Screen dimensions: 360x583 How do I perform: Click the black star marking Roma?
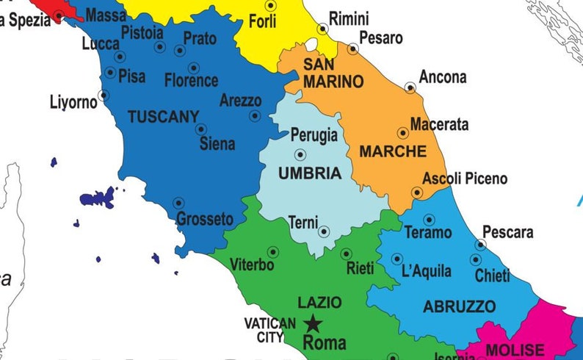[x=314, y=323]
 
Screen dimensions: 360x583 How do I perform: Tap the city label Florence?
[x=191, y=80]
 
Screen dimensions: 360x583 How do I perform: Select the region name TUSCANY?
[x=163, y=116]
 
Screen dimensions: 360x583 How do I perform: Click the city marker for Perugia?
[x=300, y=154]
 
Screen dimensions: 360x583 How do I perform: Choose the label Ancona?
[x=442, y=77]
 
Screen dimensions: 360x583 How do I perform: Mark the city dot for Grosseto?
[x=178, y=203]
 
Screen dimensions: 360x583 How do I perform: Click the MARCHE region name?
[x=393, y=152]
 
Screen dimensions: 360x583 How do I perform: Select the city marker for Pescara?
[x=481, y=245]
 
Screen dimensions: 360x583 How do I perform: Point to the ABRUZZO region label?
[x=460, y=306]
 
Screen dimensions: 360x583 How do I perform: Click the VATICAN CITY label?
[x=270, y=330]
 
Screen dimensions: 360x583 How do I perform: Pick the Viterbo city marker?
[x=273, y=251]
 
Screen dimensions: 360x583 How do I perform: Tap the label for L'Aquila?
[x=427, y=271]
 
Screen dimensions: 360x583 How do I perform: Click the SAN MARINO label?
[x=333, y=73]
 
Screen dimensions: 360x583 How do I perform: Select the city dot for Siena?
[x=200, y=129]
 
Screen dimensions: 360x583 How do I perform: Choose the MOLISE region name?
[x=515, y=350]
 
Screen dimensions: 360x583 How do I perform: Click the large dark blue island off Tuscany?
[x=98, y=197]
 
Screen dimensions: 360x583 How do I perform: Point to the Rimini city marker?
[x=322, y=29]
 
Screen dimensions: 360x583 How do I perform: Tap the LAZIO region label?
[x=319, y=302]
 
